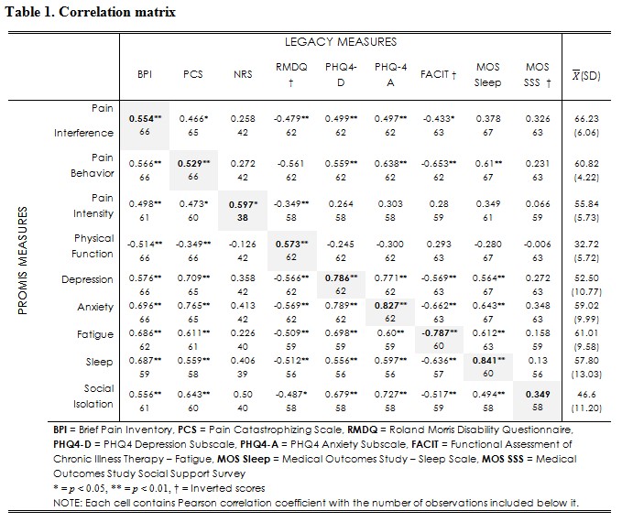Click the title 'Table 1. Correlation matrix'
90,12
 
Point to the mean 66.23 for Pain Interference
581,120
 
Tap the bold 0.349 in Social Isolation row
536,389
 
